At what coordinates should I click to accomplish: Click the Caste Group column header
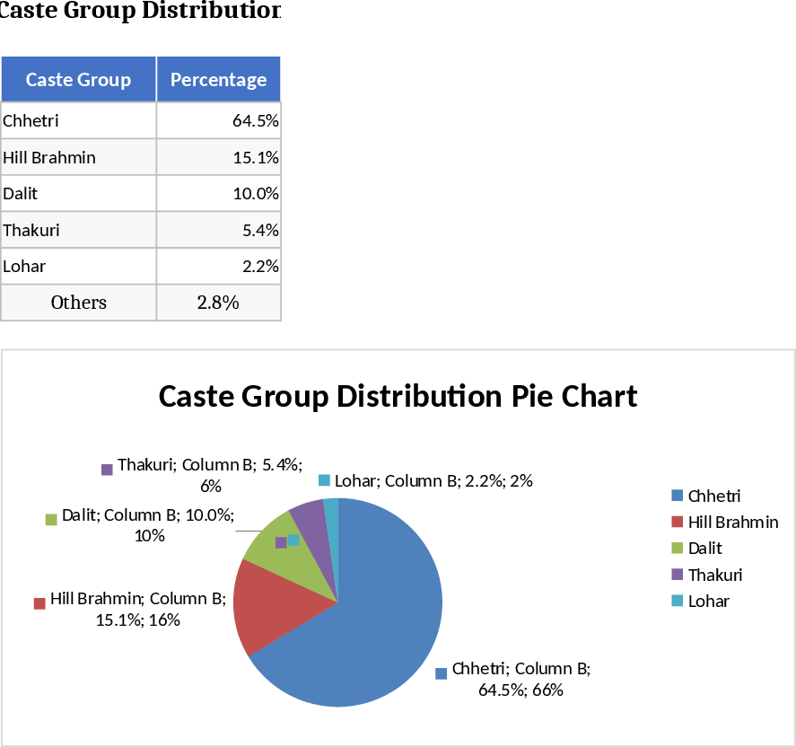78,80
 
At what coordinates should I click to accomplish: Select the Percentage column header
218,80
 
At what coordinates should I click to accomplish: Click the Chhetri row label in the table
31,120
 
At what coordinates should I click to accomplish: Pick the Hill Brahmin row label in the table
49,157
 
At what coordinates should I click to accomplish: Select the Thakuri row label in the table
31,230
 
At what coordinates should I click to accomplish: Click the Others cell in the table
78,303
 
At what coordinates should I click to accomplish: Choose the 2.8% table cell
218,303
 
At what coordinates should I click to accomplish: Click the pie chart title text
398,396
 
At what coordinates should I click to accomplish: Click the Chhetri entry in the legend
713,496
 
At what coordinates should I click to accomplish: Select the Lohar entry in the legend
708,601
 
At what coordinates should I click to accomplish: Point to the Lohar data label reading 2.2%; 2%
433,480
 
